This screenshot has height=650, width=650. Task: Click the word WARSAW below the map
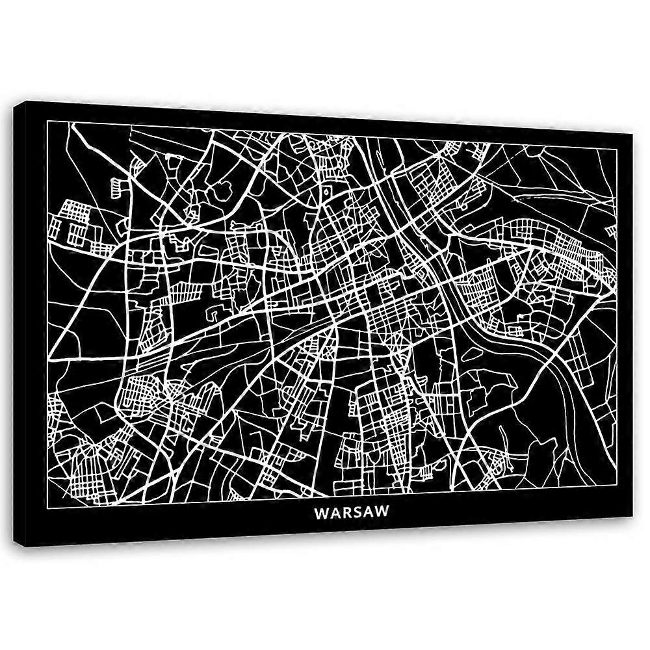pyautogui.click(x=352, y=512)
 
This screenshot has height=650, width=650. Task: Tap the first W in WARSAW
pyautogui.click(x=321, y=512)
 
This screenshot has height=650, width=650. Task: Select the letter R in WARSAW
pyautogui.click(x=345, y=512)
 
